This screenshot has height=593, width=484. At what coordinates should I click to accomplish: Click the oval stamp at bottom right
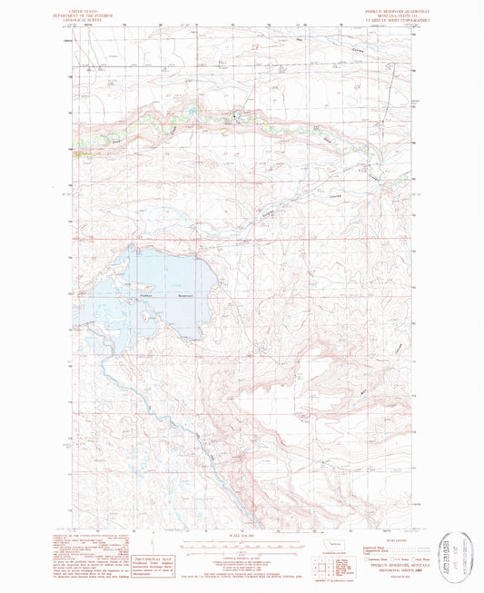pyautogui.click(x=457, y=553)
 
